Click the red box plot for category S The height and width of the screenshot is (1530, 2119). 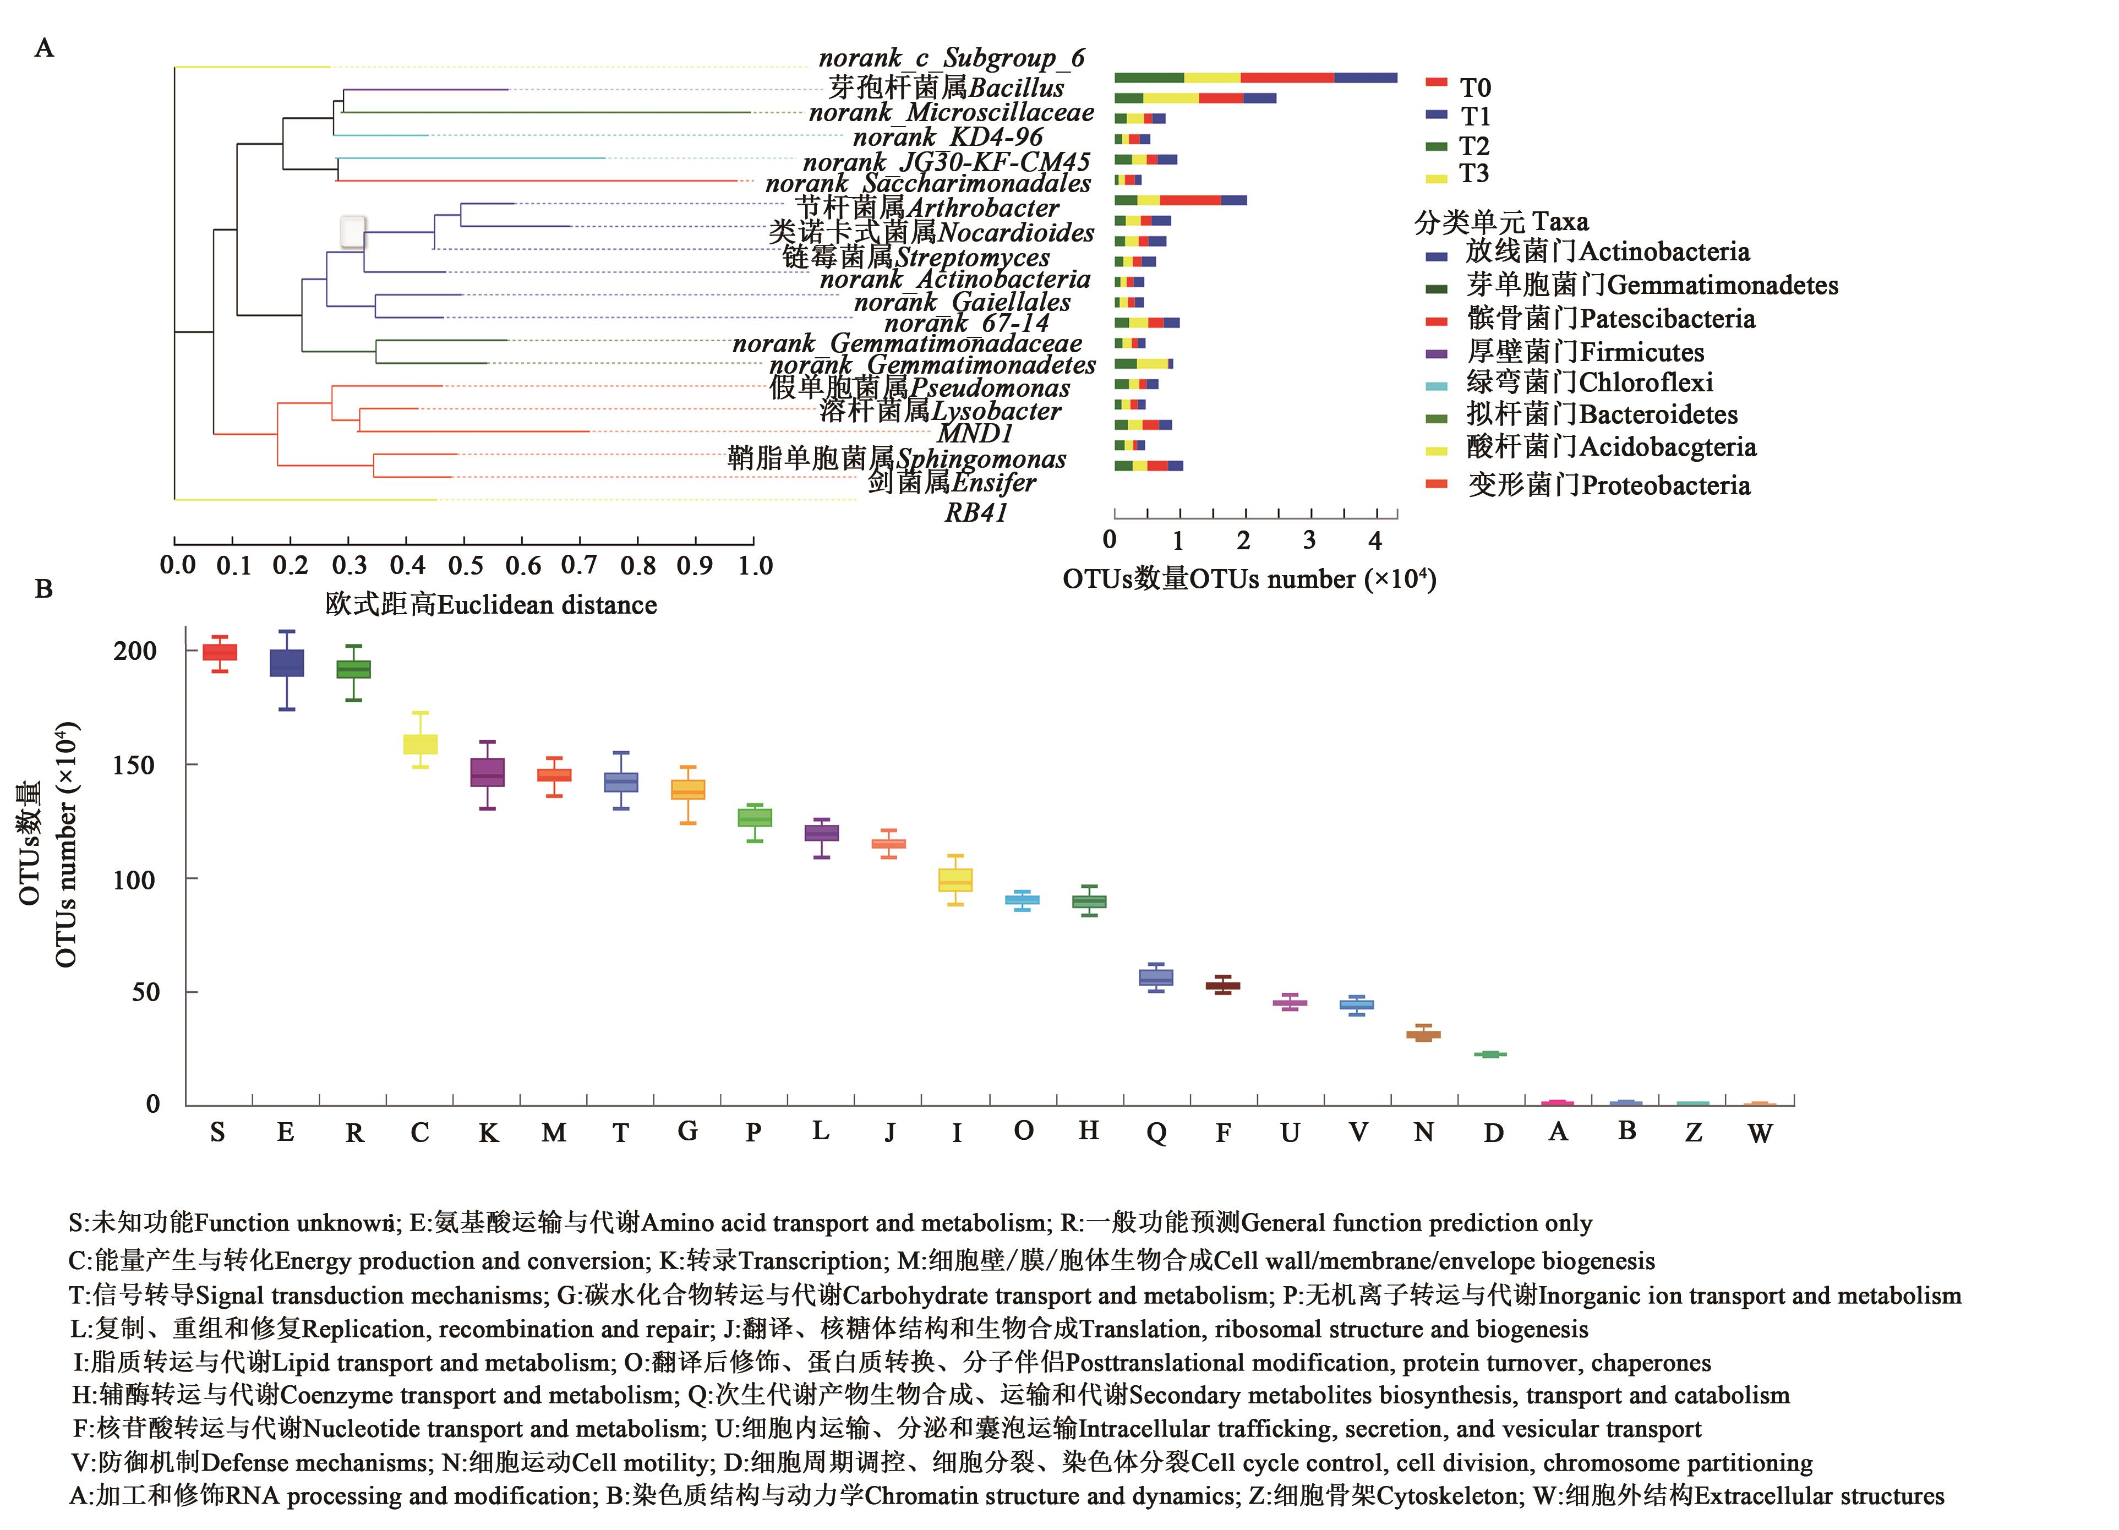220,652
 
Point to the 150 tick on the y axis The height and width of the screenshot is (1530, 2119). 134,765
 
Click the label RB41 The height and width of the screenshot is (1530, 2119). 975,512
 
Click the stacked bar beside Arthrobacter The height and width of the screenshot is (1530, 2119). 1180,200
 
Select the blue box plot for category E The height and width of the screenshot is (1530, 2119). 287,663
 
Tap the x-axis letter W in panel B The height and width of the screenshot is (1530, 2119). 1759,1133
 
